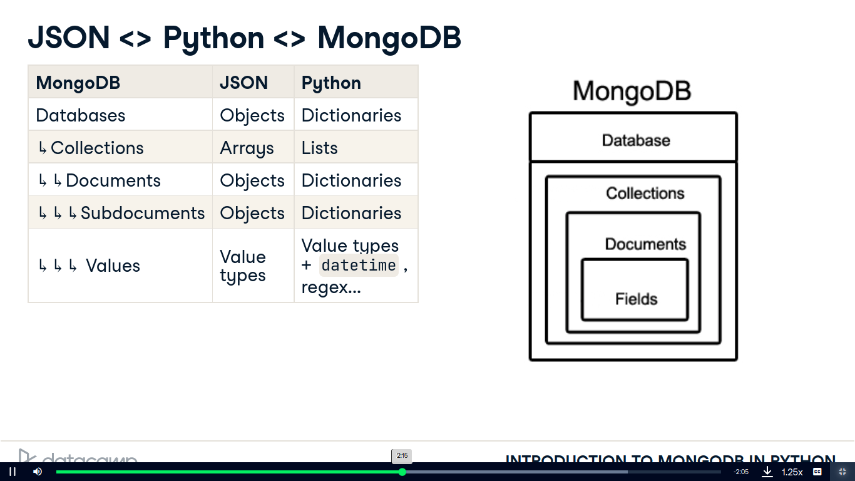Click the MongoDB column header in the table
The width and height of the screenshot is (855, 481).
coord(78,83)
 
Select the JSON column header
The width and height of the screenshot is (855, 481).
coord(243,83)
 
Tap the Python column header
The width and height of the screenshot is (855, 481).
coord(331,83)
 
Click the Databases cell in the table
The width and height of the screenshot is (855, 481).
coord(81,115)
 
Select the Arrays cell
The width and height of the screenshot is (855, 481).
coord(247,148)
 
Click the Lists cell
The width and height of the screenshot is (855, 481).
coord(319,148)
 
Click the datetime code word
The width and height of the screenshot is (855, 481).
coord(359,266)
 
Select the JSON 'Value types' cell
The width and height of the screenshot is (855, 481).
coord(243,266)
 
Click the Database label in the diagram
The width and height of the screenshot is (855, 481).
coord(636,140)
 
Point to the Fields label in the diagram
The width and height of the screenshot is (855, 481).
coord(636,299)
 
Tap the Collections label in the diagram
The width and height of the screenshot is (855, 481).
coord(645,193)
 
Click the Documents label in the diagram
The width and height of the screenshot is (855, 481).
coord(645,244)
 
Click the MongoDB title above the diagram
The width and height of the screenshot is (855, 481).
coord(632,91)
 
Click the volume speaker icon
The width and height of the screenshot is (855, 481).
coord(38,472)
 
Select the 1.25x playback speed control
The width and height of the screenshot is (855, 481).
coord(792,472)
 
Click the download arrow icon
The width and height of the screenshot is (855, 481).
coord(767,472)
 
